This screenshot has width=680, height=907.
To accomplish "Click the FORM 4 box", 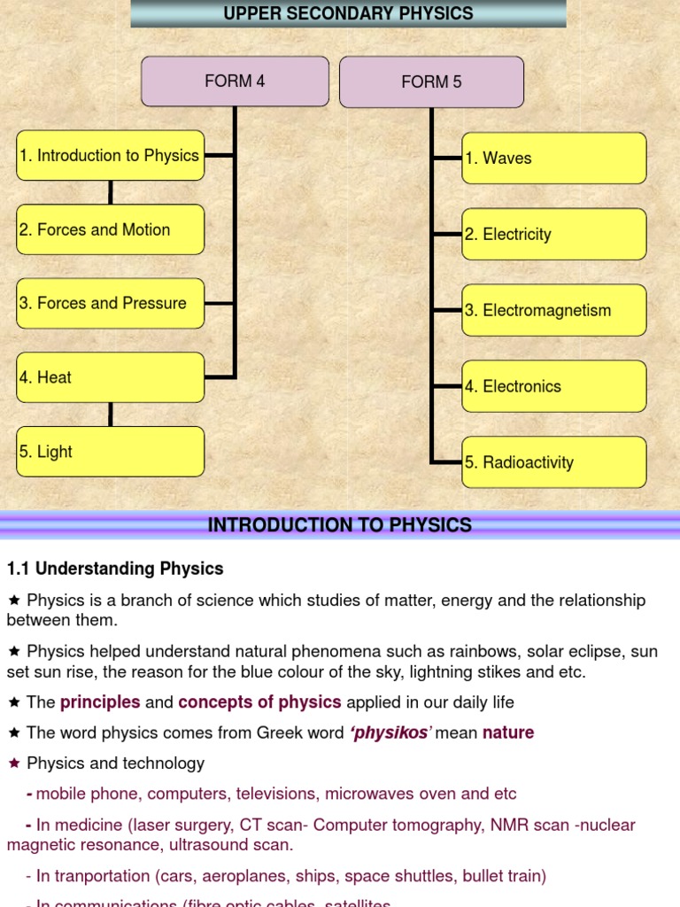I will (235, 81).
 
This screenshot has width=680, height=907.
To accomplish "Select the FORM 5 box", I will (431, 82).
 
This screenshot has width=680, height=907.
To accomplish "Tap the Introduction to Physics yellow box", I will (110, 156).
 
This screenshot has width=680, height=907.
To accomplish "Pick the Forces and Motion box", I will (110, 229).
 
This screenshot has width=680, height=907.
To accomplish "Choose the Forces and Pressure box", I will (110, 303).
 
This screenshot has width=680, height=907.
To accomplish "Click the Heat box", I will (110, 377).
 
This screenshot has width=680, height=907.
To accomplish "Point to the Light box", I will (110, 451).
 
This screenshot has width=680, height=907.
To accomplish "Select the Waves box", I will (553, 159).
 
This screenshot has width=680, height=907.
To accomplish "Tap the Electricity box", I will (553, 235).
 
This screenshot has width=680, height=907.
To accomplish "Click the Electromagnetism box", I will (553, 310).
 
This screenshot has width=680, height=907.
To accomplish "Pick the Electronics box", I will (553, 386).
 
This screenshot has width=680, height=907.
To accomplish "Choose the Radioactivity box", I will (553, 462).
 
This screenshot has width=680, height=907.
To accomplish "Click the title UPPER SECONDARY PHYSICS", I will (348, 13).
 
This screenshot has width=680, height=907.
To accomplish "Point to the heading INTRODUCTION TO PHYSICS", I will (339, 525).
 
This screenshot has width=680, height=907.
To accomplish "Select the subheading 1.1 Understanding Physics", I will (115, 569).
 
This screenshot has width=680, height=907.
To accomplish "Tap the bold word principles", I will (100, 702).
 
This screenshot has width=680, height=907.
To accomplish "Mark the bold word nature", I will (508, 733).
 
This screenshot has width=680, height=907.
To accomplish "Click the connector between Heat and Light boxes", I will (111, 415).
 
